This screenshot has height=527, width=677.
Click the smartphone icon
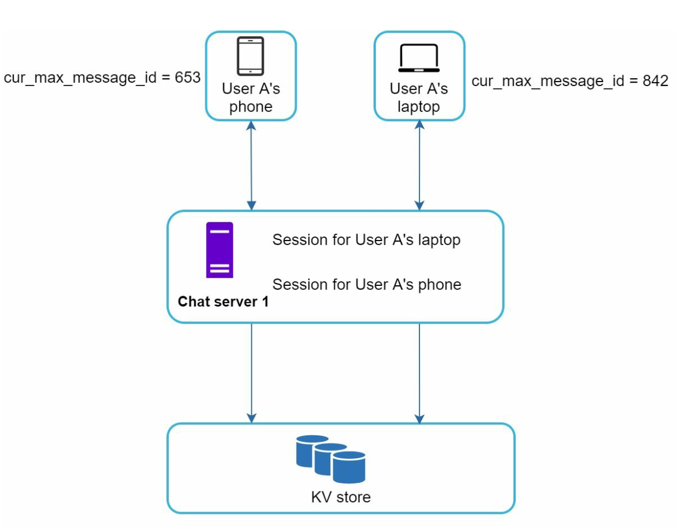[251, 56]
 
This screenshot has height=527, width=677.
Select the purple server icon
[220, 250]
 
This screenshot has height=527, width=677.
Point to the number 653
[188, 78]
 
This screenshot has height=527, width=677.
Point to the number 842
[655, 81]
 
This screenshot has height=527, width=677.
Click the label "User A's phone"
[251, 98]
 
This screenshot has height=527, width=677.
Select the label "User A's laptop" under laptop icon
[419, 98]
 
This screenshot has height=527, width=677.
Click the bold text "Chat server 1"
[223, 301]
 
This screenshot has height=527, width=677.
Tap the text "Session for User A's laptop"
[366, 240]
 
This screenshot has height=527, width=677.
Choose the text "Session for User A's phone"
[367, 284]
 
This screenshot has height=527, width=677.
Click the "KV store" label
[341, 497]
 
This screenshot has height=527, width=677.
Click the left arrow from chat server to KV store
[251, 373]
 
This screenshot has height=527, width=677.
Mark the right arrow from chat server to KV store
[419, 373]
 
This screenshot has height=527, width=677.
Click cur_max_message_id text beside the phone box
[80, 79]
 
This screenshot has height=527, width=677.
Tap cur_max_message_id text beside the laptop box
[548, 82]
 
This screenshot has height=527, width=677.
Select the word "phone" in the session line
[441, 284]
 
